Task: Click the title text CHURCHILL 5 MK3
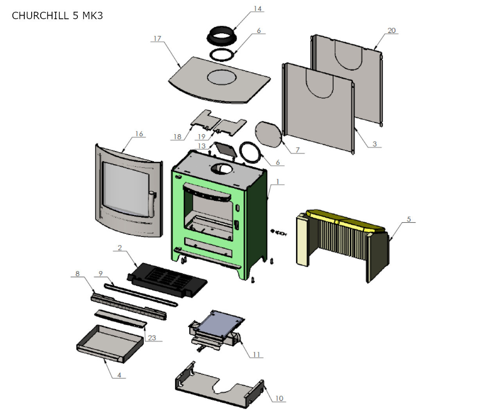[57, 16]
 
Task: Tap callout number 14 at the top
[257, 9]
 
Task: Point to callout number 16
[139, 134]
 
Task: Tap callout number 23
[152, 338]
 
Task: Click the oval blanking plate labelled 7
[268, 134]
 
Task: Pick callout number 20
[392, 31]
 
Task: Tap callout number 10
[279, 398]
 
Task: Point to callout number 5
[409, 219]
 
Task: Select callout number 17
[157, 38]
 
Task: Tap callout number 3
[374, 144]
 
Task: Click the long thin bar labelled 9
[141, 294]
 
